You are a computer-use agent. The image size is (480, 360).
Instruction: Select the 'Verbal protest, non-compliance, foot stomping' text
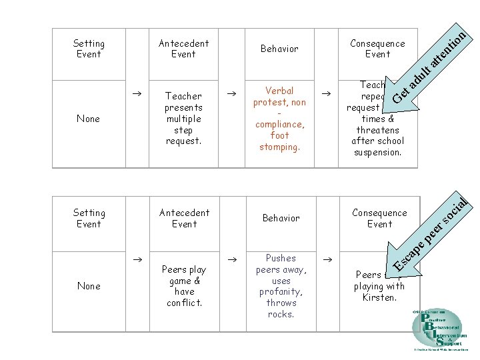click(x=279, y=118)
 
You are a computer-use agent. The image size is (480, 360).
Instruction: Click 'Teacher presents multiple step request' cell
click(x=183, y=119)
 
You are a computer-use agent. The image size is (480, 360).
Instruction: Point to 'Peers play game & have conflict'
click(x=184, y=286)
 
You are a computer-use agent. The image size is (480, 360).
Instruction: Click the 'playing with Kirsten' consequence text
click(x=379, y=287)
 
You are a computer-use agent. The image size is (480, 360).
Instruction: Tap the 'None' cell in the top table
click(x=89, y=119)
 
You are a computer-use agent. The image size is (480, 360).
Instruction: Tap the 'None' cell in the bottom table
click(x=89, y=286)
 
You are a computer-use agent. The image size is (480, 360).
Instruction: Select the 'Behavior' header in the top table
click(x=279, y=49)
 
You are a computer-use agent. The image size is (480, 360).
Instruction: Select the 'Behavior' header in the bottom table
click(x=281, y=218)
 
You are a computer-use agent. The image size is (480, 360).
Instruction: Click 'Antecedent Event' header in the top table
click(x=183, y=49)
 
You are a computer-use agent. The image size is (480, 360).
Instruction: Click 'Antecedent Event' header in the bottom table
click(x=184, y=218)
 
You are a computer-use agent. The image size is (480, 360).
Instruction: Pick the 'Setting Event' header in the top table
click(x=89, y=49)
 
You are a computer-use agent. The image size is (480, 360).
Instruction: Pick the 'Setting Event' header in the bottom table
click(x=89, y=218)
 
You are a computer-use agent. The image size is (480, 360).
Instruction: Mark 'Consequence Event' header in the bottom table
click(x=379, y=218)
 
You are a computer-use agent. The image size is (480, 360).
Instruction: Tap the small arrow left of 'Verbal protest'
click(x=232, y=95)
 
